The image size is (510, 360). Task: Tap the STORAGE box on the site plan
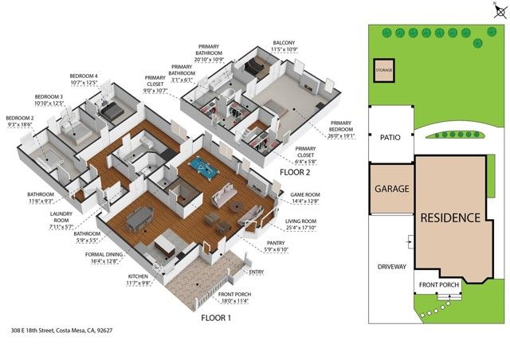pos(385,70)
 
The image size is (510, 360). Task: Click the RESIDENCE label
pos(450,217)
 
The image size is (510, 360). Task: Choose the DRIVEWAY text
pos(392,267)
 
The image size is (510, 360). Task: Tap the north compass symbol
pos(500,9)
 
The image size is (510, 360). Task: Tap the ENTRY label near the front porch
pos(257,272)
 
